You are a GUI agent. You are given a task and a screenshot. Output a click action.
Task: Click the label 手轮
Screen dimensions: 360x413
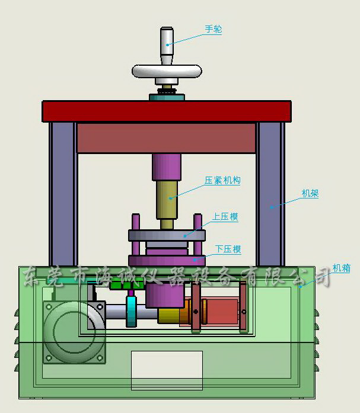[214, 28]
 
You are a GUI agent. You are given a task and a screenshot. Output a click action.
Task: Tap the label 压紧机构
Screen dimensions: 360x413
[222, 180]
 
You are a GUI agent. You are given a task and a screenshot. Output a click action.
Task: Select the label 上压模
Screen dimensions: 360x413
[225, 216]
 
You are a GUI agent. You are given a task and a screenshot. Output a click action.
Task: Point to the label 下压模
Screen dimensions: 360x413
[228, 249]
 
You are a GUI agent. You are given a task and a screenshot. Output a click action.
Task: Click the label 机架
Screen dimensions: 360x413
[310, 193]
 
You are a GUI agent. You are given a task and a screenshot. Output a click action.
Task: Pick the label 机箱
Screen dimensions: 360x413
[342, 268]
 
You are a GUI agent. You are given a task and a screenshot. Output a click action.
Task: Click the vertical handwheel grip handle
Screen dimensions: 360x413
[167, 46]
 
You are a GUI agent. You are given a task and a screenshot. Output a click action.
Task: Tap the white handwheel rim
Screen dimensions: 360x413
[167, 71]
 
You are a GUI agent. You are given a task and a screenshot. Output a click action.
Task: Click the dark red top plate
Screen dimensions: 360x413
[167, 111]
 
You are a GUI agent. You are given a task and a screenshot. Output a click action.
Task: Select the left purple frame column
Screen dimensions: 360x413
[63, 194]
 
